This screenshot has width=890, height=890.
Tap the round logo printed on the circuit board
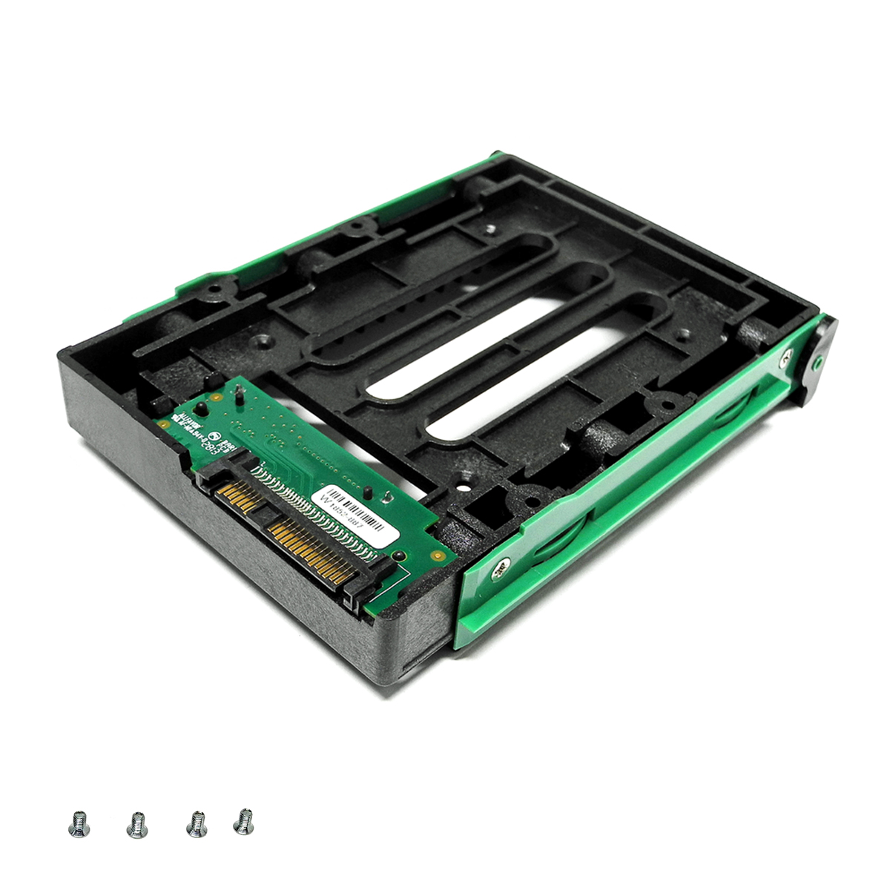coord(217,438)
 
